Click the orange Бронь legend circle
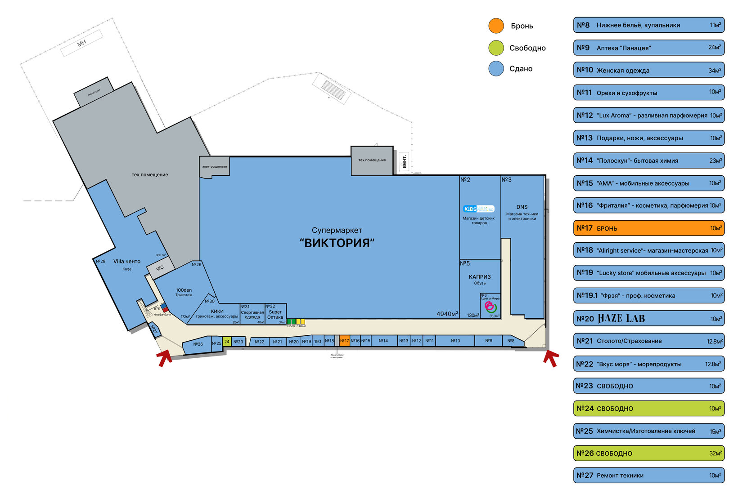pos(496,26)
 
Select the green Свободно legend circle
pos(496,48)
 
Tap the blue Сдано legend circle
pos(496,69)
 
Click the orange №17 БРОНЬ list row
pos(648,228)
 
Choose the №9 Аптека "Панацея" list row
pos(648,48)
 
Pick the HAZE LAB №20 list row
pos(648,318)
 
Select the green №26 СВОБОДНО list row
pos(648,453)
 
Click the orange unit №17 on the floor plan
pos(344,341)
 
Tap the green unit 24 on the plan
pos(227,342)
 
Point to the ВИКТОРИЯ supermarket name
pos(337,243)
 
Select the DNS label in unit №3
pos(522,207)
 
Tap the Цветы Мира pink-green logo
pos(490,307)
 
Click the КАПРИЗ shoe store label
pos(480,277)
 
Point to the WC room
pos(160,268)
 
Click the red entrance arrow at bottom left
pos(165,358)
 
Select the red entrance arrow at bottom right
pos(551,358)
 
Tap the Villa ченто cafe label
pos(127,262)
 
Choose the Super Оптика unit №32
pos(275,314)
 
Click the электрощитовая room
pos(215,166)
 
